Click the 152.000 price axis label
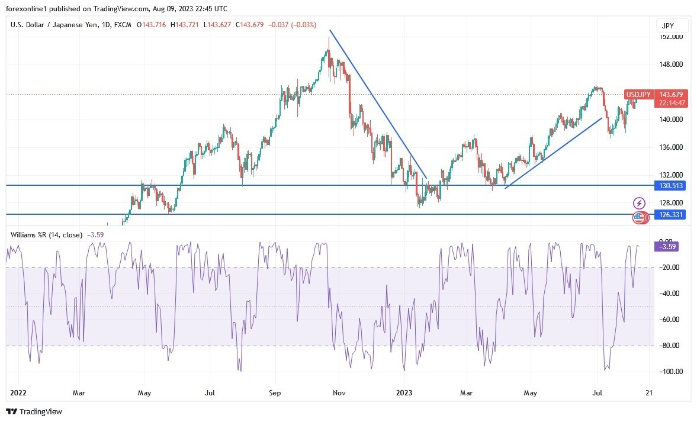[671, 37]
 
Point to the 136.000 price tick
[671, 147]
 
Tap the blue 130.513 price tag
[671, 185]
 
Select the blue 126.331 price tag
[671, 214]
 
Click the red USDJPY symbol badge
[638, 95]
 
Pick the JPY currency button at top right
[673, 25]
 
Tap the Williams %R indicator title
[46, 235]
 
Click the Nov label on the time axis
[339, 392]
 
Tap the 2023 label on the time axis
[404, 392]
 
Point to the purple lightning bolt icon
[639, 203]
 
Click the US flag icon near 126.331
[638, 218]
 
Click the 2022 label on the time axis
[18, 392]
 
